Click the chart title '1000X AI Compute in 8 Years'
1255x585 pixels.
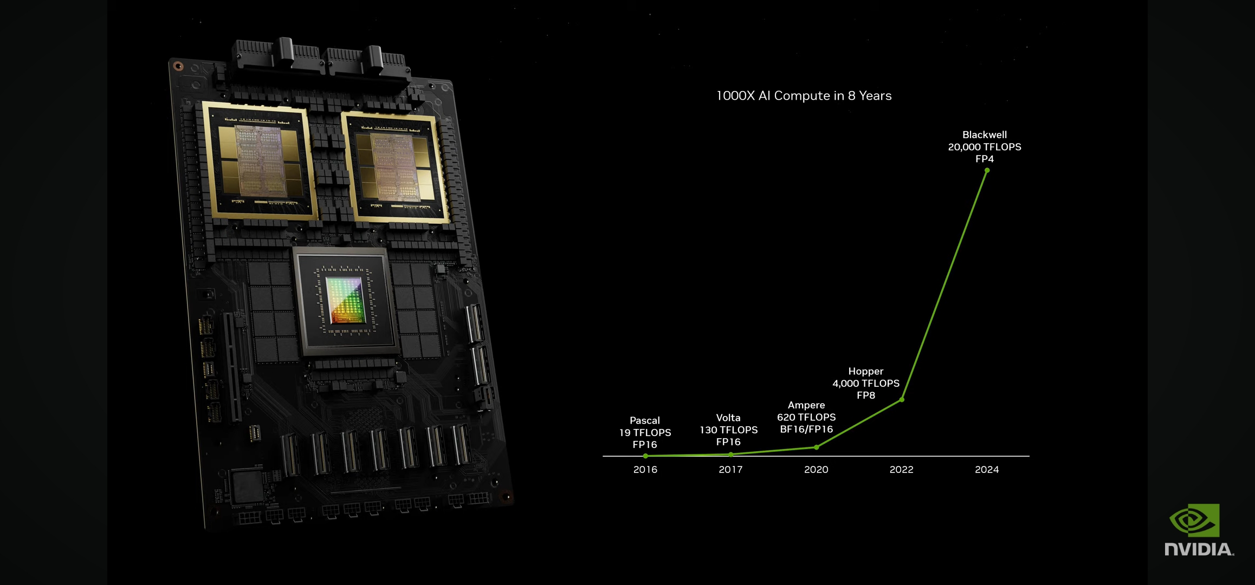click(804, 96)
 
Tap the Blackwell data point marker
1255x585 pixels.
click(987, 171)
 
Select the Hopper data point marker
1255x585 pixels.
click(902, 400)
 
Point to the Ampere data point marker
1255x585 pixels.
click(816, 447)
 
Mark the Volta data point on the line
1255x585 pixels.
click(731, 454)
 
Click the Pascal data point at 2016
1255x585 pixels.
click(645, 456)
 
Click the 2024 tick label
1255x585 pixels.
click(987, 470)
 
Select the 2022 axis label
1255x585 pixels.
click(902, 470)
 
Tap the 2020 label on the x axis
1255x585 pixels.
click(816, 470)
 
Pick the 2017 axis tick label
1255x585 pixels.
click(731, 470)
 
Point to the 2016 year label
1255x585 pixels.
click(645, 470)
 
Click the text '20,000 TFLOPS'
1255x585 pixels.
click(985, 147)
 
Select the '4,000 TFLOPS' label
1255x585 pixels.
click(866, 383)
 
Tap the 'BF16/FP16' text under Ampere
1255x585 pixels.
click(806, 430)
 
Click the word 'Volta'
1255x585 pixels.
click(728, 418)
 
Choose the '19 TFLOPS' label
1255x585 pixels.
click(645, 433)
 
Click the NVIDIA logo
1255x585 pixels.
click(1199, 530)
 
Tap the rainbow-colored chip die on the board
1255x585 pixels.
click(346, 300)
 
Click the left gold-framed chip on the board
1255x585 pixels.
click(260, 161)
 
